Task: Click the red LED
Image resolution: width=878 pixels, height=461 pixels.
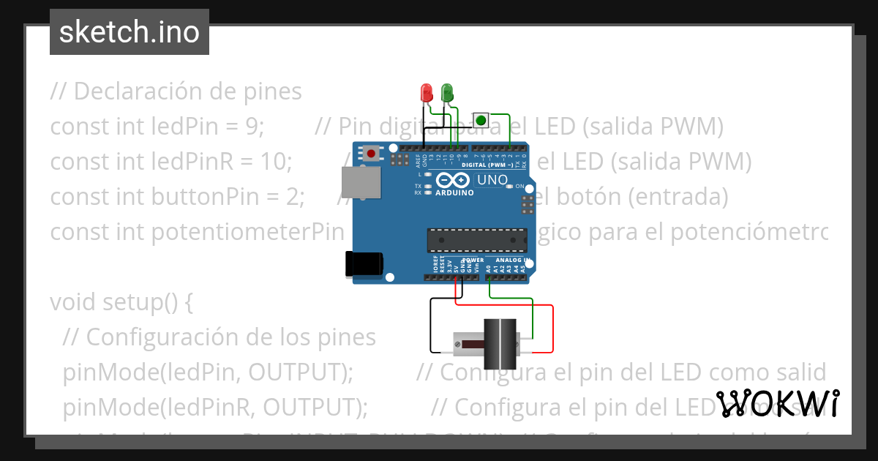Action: pos(427,93)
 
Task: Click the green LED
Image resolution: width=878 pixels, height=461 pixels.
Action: pos(447,93)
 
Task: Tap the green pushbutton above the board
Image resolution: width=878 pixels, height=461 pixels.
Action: pos(481,120)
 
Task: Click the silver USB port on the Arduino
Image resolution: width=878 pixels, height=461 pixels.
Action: pos(361,181)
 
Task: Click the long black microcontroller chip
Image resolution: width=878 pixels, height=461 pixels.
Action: pos(477,239)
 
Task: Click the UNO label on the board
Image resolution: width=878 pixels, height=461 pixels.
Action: pos(492,180)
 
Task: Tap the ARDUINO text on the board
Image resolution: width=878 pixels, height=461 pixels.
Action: pos(454,192)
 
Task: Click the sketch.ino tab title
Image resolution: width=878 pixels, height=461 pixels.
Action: pos(130,32)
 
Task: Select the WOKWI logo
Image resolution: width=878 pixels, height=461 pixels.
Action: pos(777,403)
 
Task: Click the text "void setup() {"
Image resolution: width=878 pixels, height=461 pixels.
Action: pos(121,301)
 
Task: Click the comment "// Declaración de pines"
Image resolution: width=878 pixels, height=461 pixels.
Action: pos(176,91)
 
